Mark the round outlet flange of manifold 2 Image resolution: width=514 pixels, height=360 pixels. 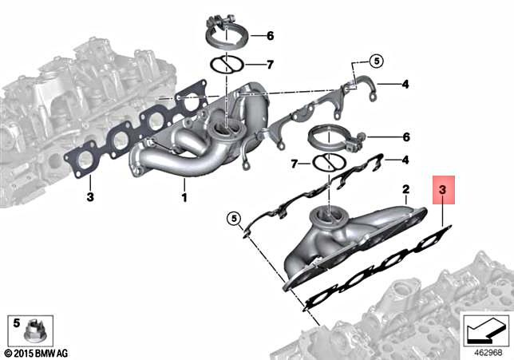coord(327,215)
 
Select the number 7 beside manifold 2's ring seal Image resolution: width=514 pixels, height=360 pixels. coord(295,164)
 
